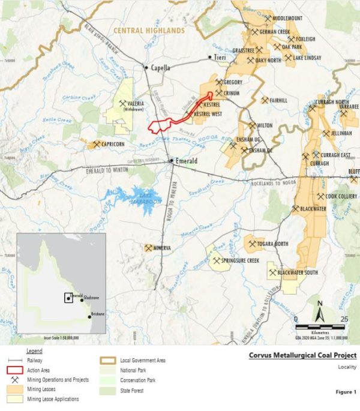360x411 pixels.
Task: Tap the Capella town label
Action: coord(161,68)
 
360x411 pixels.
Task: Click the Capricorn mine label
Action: coord(112,145)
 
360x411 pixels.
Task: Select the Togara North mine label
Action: coord(273,244)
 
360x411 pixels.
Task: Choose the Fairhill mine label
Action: coord(278,100)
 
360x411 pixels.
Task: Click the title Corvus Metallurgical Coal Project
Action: coord(302,355)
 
